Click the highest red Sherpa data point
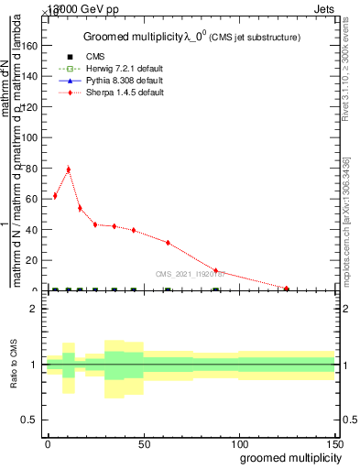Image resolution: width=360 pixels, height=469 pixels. point(68,169)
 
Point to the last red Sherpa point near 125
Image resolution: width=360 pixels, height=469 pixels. point(287,289)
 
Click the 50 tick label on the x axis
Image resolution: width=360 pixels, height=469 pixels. point(144,442)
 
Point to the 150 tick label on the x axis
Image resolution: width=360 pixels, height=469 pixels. point(334,442)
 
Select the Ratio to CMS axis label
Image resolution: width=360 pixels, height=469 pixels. point(14,365)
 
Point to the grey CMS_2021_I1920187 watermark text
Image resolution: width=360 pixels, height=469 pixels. point(191,274)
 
